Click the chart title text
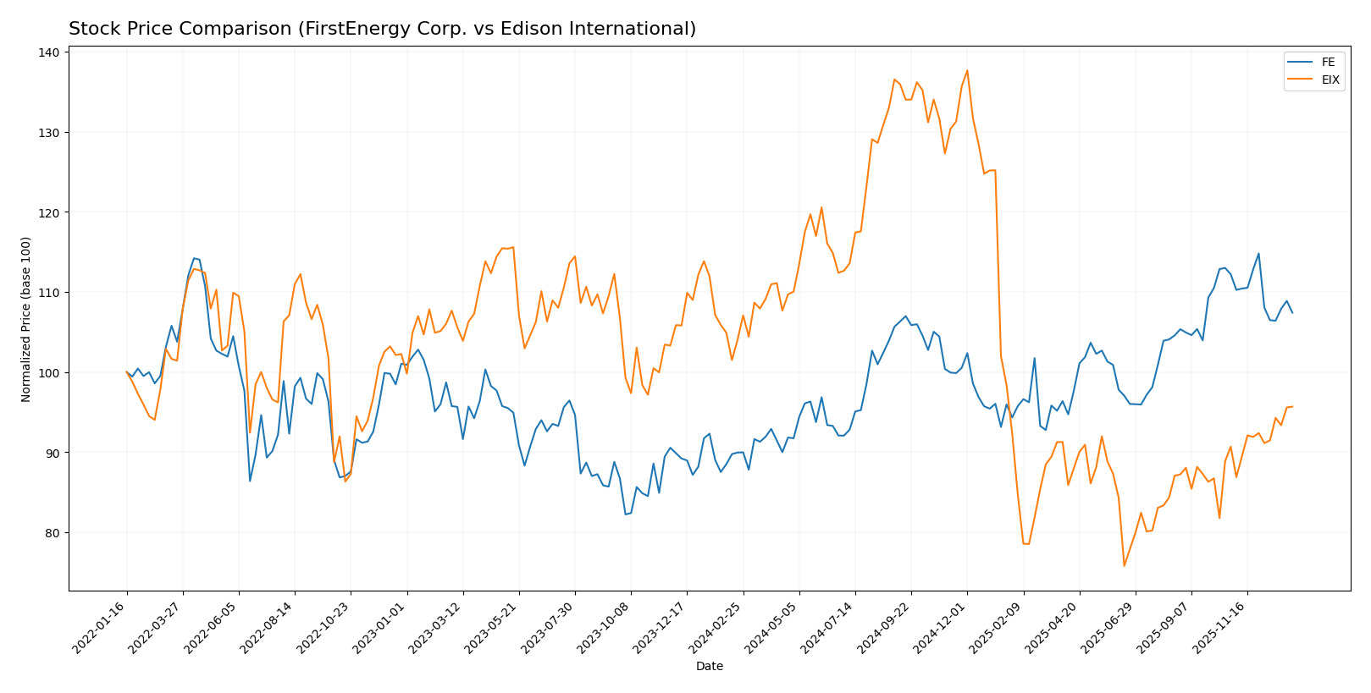pos(382,29)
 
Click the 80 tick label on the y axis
pos(53,533)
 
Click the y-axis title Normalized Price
pos(26,319)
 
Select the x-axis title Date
pos(709,667)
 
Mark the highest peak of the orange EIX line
pos(967,70)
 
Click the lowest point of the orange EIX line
pos(1124,566)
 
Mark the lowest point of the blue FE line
pos(626,514)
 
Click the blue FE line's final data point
pos(1292,312)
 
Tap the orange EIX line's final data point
pos(1292,407)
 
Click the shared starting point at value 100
pos(127,372)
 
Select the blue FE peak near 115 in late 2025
pos(1258,254)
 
